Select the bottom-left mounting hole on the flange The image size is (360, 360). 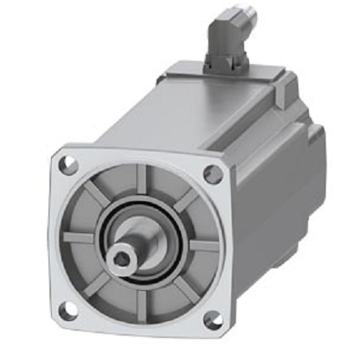[68, 308]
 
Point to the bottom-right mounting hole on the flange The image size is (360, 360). [212, 321]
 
